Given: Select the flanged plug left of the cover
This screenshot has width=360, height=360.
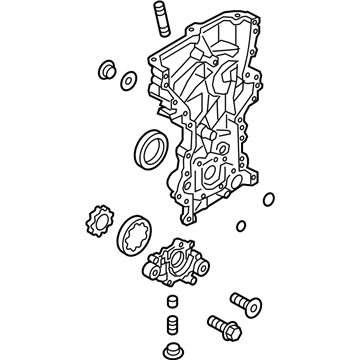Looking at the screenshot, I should click(105, 71).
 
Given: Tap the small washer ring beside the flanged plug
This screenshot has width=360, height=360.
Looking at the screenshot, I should click(127, 80).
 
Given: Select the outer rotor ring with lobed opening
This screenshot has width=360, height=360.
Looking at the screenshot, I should click(132, 241).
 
